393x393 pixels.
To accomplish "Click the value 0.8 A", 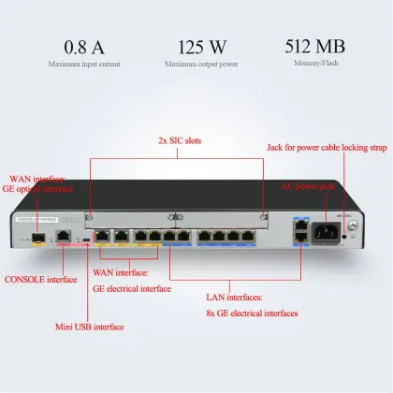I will click(83, 46).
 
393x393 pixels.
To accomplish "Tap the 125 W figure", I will click(196, 46).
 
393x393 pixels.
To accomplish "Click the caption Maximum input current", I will click(83, 65).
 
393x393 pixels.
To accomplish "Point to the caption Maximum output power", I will click(196, 65).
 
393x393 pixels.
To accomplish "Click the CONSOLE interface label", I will click(41, 278).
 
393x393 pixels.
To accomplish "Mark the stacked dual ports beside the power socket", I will click(298, 232).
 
